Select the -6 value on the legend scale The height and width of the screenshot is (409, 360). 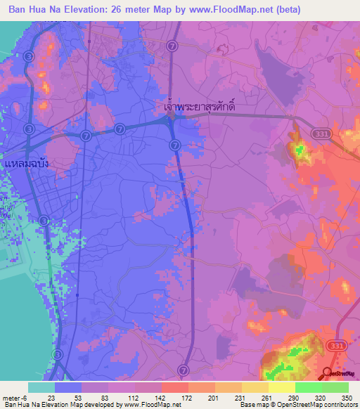click(23, 396)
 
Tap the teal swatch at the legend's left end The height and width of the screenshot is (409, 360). click(41, 387)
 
